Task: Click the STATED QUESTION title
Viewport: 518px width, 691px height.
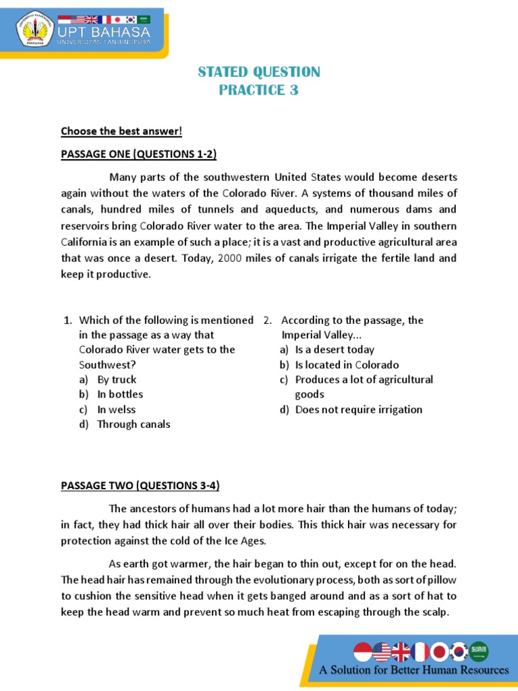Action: pos(259,72)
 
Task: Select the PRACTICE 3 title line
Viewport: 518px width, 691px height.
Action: pos(259,90)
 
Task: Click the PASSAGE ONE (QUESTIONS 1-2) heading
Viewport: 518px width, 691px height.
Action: pos(138,154)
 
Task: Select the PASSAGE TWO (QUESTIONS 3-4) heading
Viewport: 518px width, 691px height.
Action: pos(140,486)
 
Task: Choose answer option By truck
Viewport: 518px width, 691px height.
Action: pos(117,380)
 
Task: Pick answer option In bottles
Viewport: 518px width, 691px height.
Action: pos(120,395)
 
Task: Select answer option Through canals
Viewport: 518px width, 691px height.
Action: pos(134,424)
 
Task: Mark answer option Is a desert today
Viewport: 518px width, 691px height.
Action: pos(335,350)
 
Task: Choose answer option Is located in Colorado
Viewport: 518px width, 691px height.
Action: pos(347,365)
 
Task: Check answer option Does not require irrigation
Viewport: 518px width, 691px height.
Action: pos(359,410)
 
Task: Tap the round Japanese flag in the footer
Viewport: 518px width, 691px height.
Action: pos(439,652)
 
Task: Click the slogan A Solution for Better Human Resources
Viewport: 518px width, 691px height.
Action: pos(414,670)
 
